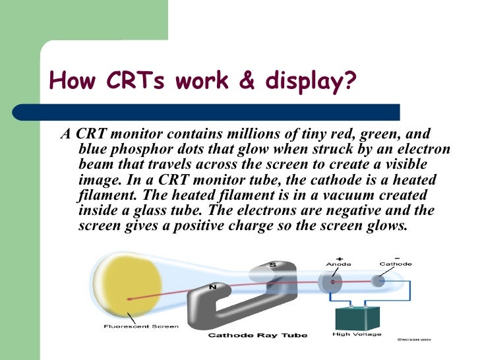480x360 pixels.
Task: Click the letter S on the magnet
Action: click(x=272, y=264)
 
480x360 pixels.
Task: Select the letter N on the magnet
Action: click(x=213, y=287)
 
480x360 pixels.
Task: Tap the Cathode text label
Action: click(x=396, y=264)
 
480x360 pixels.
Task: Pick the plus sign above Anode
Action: click(x=339, y=256)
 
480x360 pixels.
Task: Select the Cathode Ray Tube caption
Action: click(x=258, y=336)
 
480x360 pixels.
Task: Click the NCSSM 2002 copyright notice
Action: click(x=414, y=342)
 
